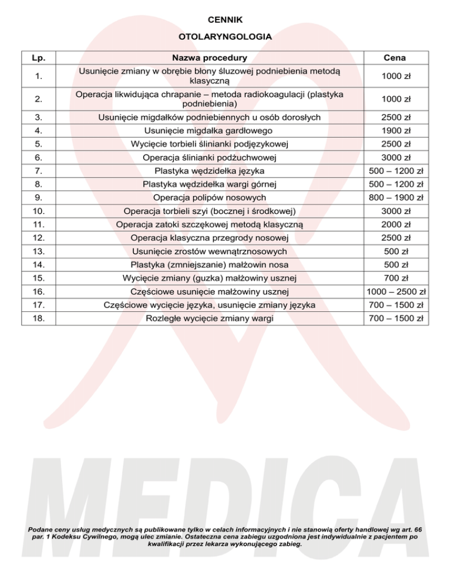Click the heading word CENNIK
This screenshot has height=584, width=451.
[x=225, y=20]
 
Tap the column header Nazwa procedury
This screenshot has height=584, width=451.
[x=209, y=58]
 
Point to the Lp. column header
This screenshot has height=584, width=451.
[x=39, y=58]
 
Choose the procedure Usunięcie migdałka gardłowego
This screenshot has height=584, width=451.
[x=209, y=130]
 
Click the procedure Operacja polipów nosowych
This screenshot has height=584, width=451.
[x=209, y=197]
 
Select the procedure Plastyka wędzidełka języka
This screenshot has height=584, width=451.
[x=209, y=171]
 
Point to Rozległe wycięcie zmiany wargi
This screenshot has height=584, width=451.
[x=209, y=318]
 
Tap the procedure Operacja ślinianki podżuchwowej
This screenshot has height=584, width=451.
[x=209, y=157]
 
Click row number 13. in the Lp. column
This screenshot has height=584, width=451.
[x=39, y=251]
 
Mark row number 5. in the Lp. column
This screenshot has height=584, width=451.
[x=39, y=144]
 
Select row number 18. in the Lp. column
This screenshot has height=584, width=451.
[x=39, y=318]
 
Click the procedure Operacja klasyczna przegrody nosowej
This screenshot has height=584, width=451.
[x=209, y=238]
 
